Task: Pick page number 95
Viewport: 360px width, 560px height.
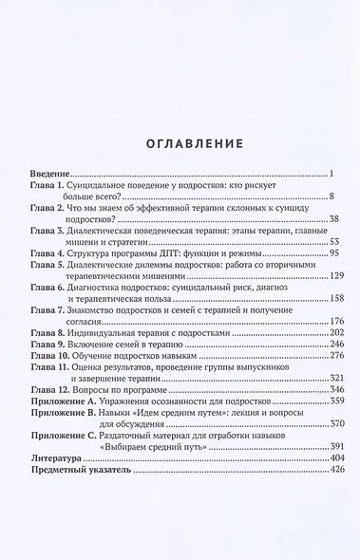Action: (322, 255)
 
